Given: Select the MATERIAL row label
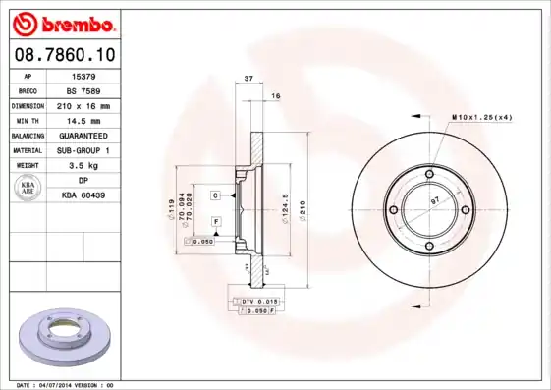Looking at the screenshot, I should click(x=27, y=150).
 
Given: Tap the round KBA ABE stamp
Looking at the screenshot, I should click(x=28, y=189).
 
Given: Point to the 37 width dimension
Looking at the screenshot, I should click(x=248, y=78).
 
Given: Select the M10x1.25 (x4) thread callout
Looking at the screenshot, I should click(x=482, y=117).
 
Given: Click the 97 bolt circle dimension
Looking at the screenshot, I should click(x=435, y=200).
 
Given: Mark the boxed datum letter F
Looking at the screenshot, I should click(x=214, y=222).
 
